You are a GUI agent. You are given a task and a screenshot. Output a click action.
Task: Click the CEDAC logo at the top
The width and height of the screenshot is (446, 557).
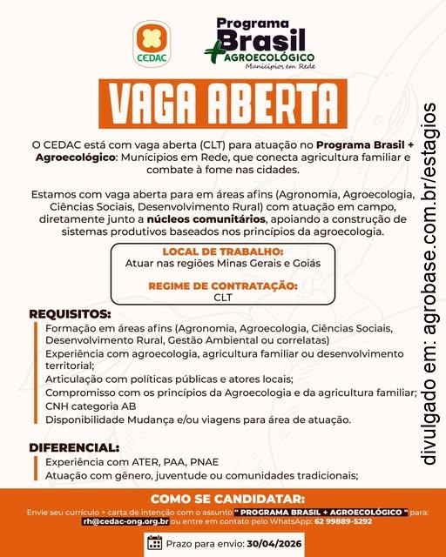point(152,44)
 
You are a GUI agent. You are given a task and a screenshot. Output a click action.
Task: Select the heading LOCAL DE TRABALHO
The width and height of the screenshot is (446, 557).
point(223,252)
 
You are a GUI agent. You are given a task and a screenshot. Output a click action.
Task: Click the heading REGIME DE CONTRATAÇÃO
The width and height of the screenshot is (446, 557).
point(223,285)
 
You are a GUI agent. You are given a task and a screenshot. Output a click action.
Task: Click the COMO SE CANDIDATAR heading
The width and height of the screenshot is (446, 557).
point(223,499)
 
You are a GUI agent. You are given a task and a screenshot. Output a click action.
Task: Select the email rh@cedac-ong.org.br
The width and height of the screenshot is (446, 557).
point(125,521)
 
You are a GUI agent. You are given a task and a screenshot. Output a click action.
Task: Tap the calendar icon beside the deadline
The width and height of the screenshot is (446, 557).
point(154,543)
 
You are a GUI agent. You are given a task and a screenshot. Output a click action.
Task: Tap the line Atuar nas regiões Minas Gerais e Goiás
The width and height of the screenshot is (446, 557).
point(223,263)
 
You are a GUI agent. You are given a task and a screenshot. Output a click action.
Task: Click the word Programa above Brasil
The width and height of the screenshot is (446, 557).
point(253,23)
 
